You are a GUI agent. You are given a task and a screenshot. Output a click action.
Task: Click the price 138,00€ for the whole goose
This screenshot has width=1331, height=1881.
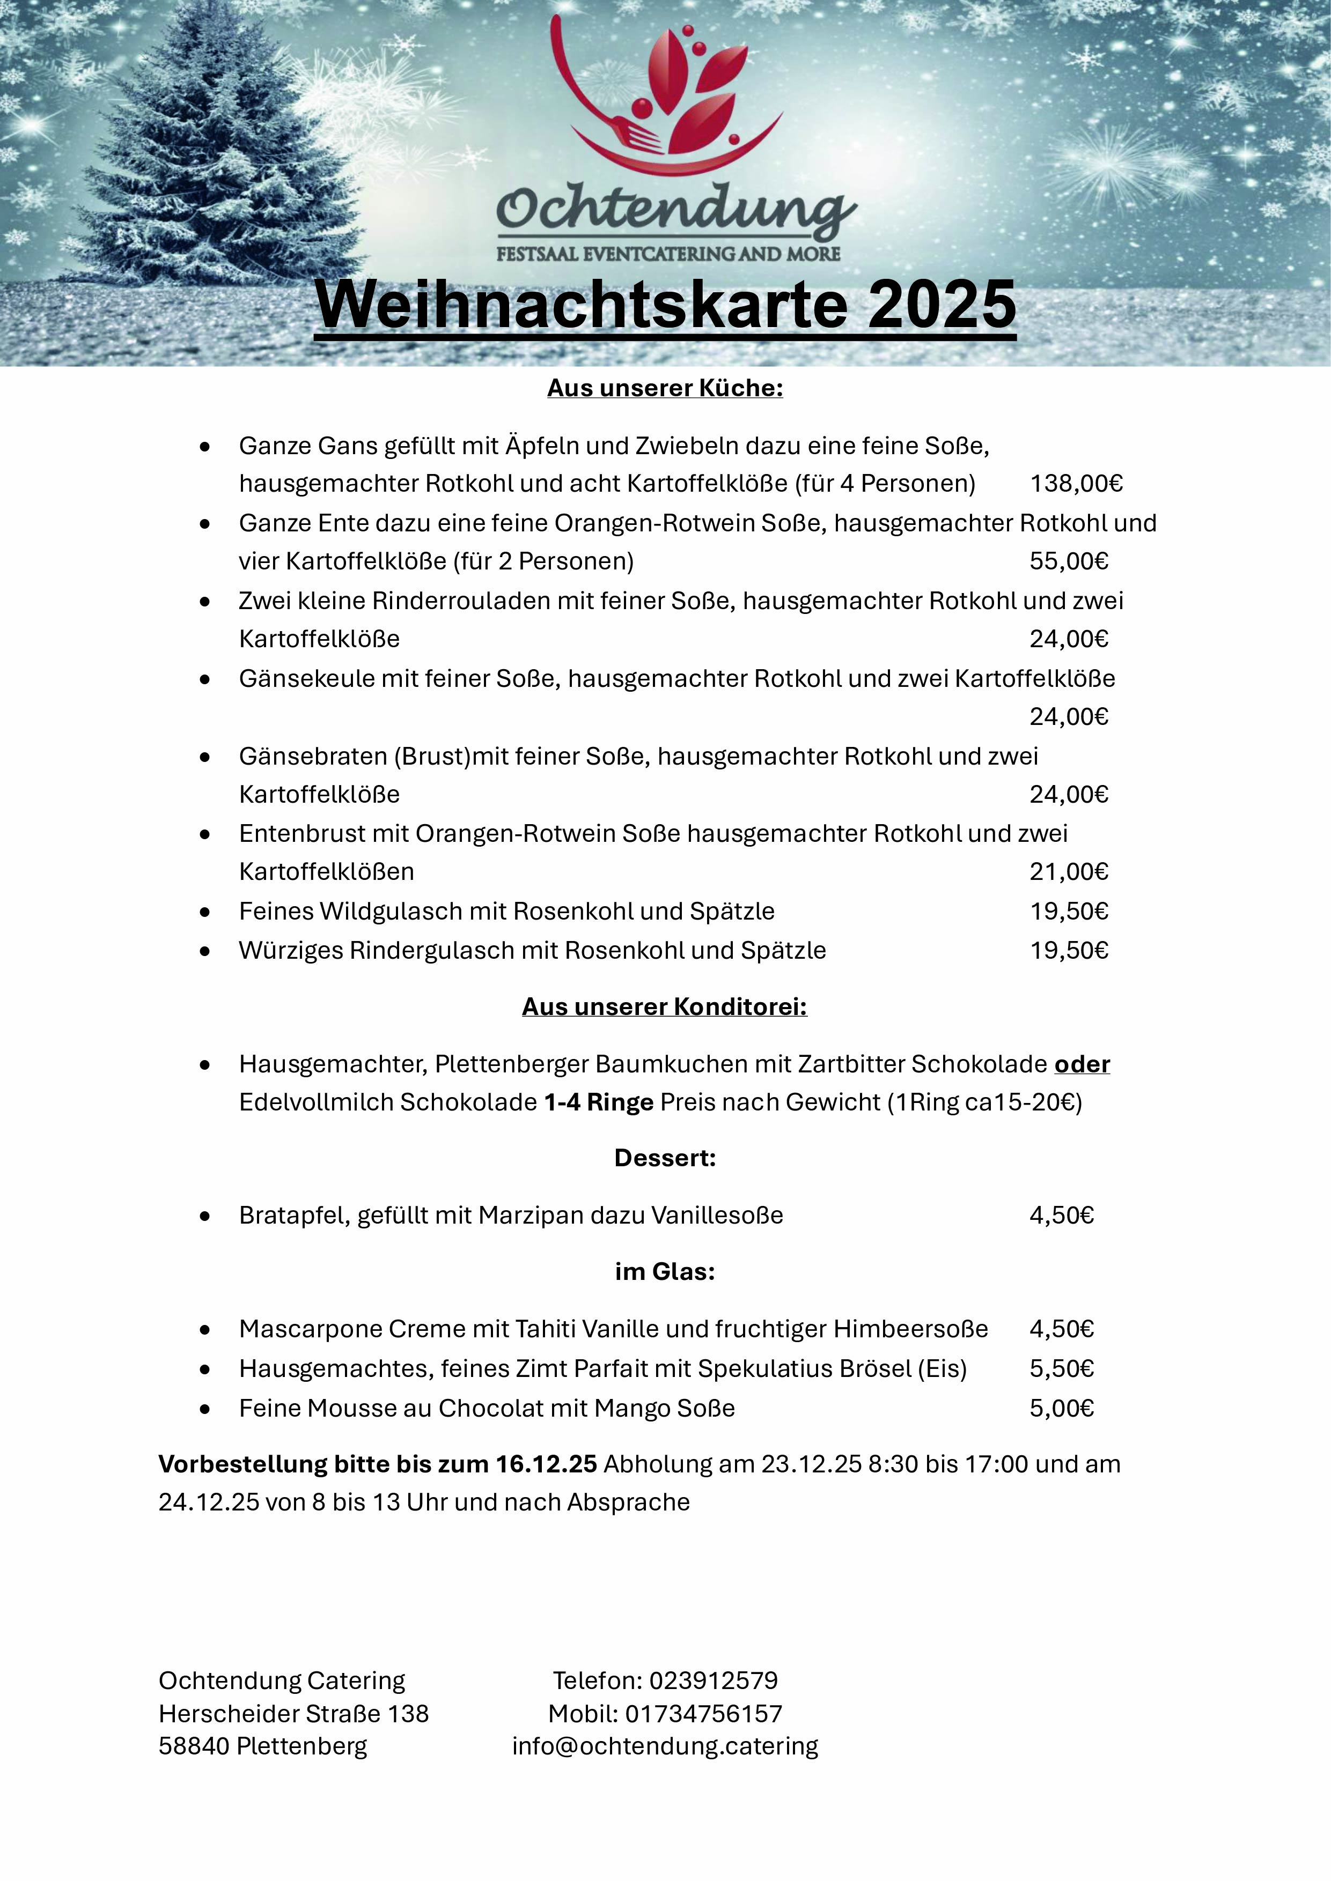[x=1075, y=483]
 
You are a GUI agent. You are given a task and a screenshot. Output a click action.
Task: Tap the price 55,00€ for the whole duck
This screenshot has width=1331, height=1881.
[x=1069, y=561]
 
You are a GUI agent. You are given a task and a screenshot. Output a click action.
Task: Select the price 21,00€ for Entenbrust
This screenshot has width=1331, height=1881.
[x=1069, y=872]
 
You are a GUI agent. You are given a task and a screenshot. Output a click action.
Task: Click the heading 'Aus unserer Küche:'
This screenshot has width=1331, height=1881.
[x=665, y=388]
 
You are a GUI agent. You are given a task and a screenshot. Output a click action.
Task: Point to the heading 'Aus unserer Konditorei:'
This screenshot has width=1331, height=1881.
[x=665, y=1007]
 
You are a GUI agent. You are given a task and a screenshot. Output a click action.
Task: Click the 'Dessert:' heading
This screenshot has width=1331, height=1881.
[x=665, y=1158]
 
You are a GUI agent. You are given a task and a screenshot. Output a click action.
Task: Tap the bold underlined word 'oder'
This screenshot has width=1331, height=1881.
[x=1082, y=1064]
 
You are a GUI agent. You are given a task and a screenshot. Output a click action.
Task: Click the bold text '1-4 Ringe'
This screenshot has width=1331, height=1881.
[x=598, y=1103]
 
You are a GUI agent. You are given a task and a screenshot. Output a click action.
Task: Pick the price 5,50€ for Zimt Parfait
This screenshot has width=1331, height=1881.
[x=1061, y=1369]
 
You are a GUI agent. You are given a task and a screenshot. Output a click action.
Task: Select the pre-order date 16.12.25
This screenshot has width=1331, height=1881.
[x=546, y=1464]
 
